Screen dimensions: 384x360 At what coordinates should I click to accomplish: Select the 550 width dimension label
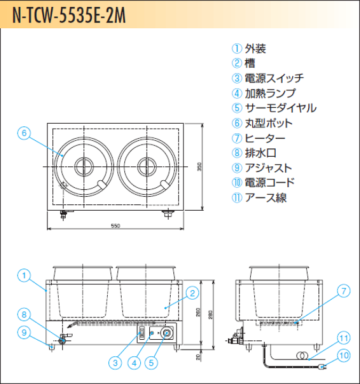click(x=115, y=226)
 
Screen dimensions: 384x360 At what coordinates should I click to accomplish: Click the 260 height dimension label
click(x=198, y=314)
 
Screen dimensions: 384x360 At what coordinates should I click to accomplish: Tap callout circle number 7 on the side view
click(x=344, y=291)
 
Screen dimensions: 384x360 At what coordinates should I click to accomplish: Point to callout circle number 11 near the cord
click(x=344, y=338)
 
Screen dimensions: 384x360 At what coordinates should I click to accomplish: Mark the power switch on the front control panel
click(x=142, y=334)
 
